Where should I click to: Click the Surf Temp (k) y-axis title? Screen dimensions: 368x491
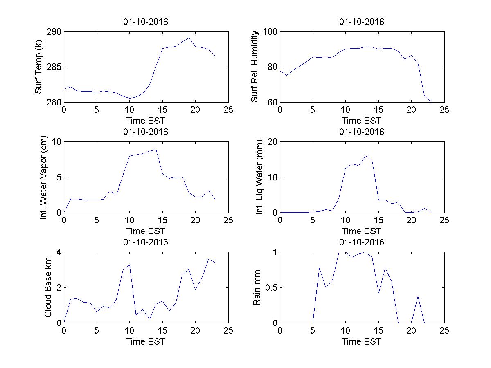coord(39,67)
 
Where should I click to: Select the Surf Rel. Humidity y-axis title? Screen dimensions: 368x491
coord(255,67)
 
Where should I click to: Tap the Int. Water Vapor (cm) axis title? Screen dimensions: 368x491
coord(44,177)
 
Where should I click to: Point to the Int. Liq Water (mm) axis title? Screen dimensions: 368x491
coord(260,177)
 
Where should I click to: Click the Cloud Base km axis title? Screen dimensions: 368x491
coord(48,287)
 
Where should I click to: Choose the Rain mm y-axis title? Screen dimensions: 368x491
coord(257,287)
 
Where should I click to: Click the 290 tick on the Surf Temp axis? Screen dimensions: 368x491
coord(54,32)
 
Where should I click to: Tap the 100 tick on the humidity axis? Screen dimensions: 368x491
coord(270,32)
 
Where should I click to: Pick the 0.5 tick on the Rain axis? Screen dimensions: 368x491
coord(269,287)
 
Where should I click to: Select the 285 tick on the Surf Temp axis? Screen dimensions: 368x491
coord(54,67)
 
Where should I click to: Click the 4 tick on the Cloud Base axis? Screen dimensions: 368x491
coord(59,252)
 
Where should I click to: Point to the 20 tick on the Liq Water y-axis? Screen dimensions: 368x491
coord(272,142)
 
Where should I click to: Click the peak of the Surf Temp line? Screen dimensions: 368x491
coord(189,38)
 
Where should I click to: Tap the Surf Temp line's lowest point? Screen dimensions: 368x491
coord(130,98)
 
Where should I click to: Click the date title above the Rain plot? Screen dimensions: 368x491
coord(362,242)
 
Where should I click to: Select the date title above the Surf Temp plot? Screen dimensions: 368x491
coord(146,22)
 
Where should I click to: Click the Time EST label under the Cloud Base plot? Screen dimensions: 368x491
coord(146,341)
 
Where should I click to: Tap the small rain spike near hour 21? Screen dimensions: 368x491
coord(418,296)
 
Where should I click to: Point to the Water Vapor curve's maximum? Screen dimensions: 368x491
coord(156,150)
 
